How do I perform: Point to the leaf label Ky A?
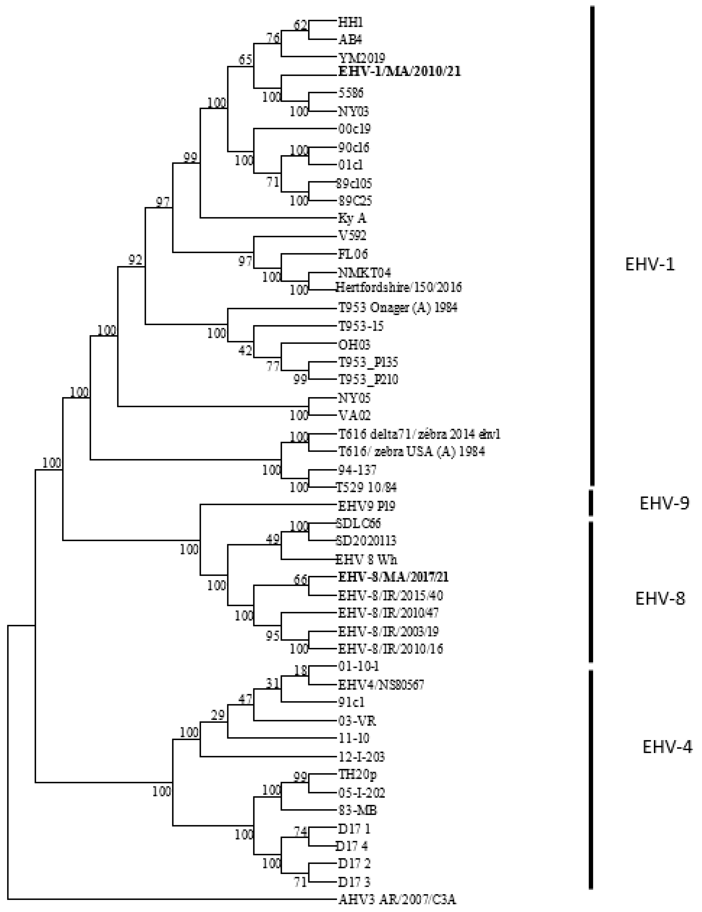352,218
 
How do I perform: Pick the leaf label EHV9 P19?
366,506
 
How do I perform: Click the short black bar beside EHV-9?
591,503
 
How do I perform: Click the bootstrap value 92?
135,260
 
